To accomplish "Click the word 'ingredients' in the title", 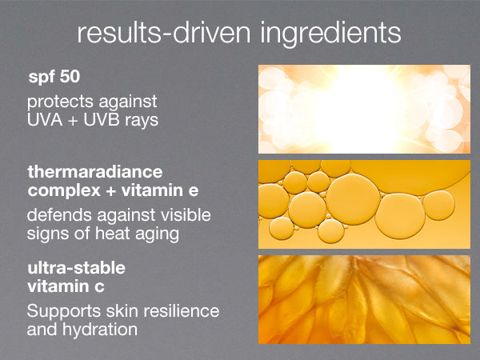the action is click(x=330, y=34).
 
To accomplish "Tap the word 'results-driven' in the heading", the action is click(x=164, y=33).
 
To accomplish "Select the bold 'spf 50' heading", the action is click(x=54, y=77).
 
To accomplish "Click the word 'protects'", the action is click(x=60, y=102).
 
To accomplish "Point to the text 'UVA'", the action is click(x=45, y=120).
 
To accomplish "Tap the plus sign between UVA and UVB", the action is click(x=73, y=121).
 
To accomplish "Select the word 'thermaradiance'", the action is click(x=95, y=172).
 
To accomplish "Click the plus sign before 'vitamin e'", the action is click(x=111, y=191).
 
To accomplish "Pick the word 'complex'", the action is click(x=64, y=191).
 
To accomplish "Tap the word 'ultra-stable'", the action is click(x=77, y=268).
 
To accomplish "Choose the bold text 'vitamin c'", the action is click(x=66, y=286).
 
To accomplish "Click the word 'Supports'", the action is click(x=64, y=312).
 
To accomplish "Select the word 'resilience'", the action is click(x=182, y=311).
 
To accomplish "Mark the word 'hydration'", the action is click(x=100, y=330).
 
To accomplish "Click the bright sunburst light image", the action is click(x=364, y=109).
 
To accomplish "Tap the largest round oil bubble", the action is click(x=353, y=199).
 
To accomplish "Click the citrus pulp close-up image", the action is click(x=364, y=300).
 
